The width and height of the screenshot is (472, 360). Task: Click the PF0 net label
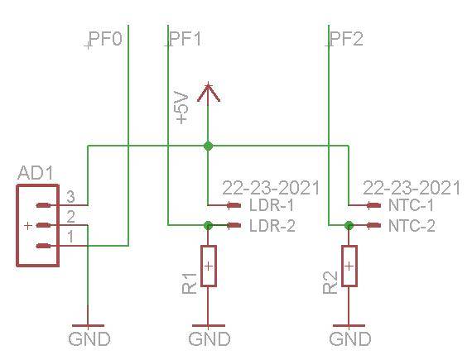click(105, 39)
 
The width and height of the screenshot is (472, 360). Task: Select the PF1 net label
click(185, 39)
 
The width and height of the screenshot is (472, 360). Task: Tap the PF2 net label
click(346, 39)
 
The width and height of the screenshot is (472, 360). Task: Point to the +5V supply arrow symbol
click(208, 92)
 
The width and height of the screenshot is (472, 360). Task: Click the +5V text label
click(183, 108)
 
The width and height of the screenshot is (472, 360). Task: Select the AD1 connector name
click(35, 174)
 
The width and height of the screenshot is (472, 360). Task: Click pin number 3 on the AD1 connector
click(71, 198)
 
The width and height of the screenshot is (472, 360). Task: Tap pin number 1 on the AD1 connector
click(71, 238)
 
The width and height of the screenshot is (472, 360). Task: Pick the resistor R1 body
click(208, 266)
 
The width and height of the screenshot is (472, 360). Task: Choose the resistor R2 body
click(349, 266)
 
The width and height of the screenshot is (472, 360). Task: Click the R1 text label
click(190, 282)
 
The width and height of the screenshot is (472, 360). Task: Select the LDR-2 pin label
click(272, 225)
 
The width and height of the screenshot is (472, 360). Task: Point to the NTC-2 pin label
click(412, 225)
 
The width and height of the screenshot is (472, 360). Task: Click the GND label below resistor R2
click(349, 339)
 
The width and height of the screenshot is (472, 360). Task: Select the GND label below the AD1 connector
click(89, 339)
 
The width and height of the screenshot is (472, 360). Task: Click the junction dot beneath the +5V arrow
click(208, 146)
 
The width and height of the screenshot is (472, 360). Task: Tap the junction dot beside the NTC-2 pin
click(349, 224)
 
